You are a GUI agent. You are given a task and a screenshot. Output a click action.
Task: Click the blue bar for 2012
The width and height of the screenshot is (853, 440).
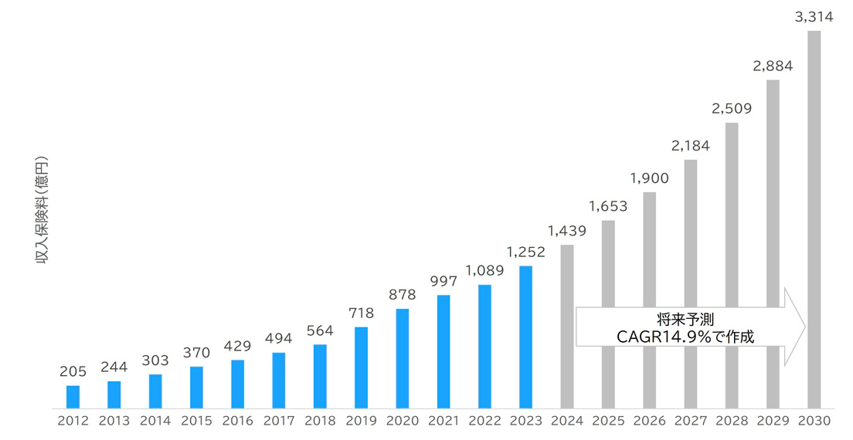[73, 396]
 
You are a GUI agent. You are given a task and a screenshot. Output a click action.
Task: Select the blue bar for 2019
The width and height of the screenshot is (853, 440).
[361, 367]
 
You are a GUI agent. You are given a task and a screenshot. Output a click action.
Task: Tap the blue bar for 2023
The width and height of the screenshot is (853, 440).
[525, 337]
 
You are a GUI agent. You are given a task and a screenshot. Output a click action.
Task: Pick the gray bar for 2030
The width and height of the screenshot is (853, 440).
[814, 219]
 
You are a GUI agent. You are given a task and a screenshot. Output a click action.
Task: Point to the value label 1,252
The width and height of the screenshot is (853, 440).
[525, 252]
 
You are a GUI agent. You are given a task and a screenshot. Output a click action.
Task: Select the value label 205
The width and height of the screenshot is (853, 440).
[73, 371]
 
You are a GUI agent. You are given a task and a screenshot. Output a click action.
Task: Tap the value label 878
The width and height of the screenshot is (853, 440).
[402, 294]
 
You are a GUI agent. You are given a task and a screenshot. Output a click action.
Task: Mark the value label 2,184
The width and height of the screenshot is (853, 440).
[691, 145]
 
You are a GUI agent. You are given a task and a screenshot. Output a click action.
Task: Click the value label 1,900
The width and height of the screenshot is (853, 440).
[649, 178]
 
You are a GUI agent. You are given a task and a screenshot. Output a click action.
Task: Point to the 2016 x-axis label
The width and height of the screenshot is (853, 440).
[237, 421]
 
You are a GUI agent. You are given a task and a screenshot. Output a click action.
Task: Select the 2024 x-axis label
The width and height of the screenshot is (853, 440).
[566, 421]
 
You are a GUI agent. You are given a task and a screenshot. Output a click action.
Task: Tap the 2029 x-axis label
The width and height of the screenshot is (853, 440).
[773, 421]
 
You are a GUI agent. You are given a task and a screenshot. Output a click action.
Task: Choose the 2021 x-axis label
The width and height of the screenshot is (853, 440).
[443, 421]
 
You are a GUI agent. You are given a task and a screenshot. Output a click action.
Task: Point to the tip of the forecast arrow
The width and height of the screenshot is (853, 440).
[804, 327]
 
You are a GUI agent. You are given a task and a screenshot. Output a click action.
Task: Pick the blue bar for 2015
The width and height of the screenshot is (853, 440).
[196, 387]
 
